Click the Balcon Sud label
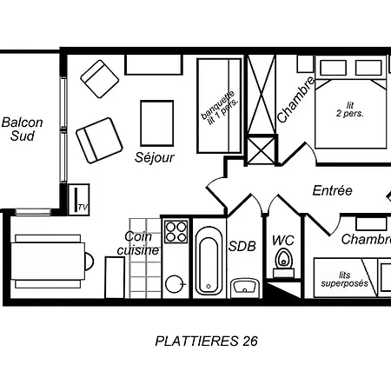pos(23,129)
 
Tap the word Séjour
pos(155,157)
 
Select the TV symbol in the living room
pos(79,200)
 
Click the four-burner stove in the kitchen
pos(176,231)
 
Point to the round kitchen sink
pos(175,284)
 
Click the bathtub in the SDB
pos(209,261)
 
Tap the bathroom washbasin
pos(245,288)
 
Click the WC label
pos(283,241)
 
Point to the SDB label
pos(242,246)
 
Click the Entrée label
pos(333,190)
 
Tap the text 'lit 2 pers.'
pos(349,109)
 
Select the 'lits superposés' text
pos(345,279)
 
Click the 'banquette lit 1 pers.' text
pos(220,108)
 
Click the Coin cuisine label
pos(138,243)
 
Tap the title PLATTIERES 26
pos(206,341)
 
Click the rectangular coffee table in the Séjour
pos(157,123)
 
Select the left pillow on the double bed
pos(333,68)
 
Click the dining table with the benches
pos(48,262)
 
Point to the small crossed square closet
pos(262,150)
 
